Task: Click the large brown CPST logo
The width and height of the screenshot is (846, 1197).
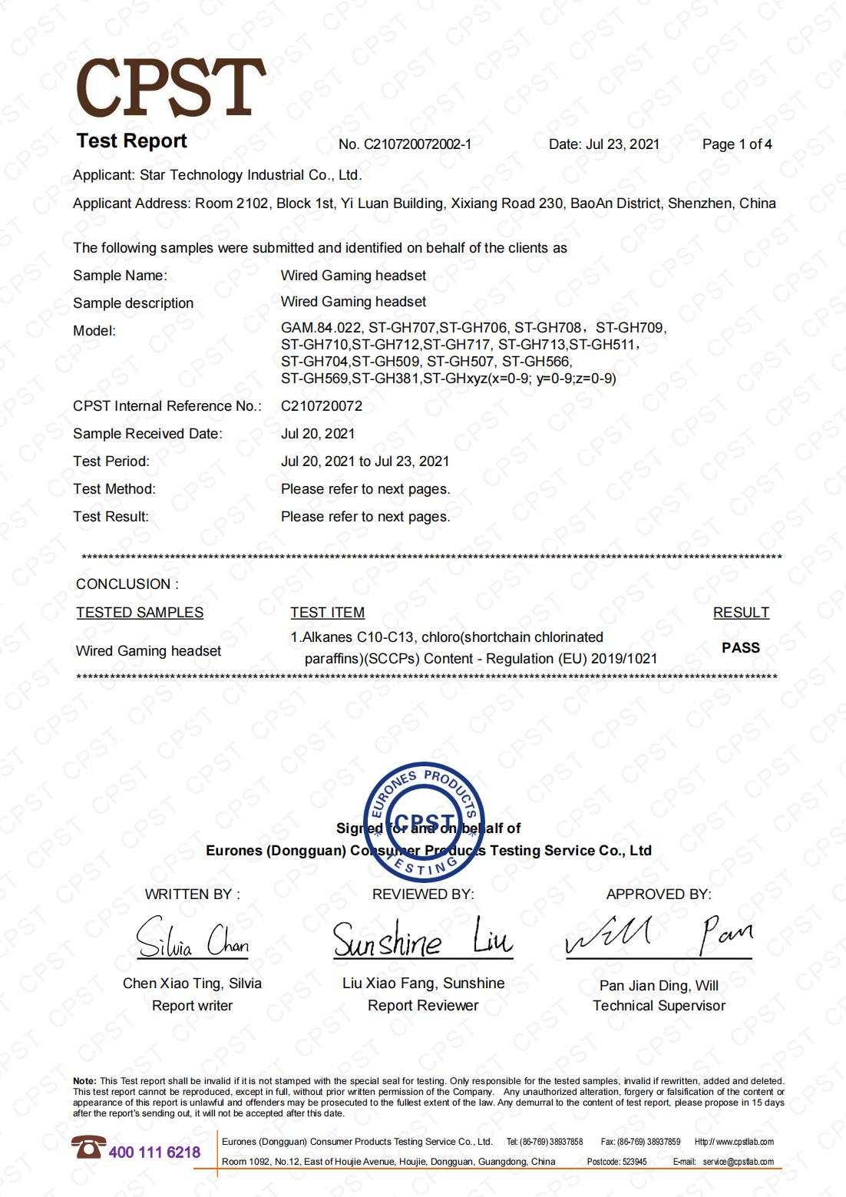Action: tap(170, 88)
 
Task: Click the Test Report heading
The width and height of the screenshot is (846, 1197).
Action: tap(132, 141)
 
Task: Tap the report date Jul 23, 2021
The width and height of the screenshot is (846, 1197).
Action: tap(623, 144)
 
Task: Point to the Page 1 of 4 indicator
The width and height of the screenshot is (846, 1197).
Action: tap(737, 144)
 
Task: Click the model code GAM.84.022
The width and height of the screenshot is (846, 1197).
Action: tap(321, 328)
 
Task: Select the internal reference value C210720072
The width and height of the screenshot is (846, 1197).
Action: tap(322, 406)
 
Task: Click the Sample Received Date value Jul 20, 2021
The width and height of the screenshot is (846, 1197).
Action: tap(318, 434)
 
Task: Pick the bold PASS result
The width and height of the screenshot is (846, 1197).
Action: tap(741, 648)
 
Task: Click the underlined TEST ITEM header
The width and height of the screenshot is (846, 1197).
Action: tap(327, 613)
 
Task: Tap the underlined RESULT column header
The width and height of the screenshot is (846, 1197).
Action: tap(741, 613)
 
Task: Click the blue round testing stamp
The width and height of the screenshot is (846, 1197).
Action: tap(424, 822)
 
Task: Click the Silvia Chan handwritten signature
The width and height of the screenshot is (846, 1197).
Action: tap(193, 938)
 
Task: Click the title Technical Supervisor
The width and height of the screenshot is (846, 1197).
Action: tap(659, 1006)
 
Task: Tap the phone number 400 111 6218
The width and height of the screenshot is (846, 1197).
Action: tap(154, 1152)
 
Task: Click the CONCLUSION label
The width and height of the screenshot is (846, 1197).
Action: tap(127, 584)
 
